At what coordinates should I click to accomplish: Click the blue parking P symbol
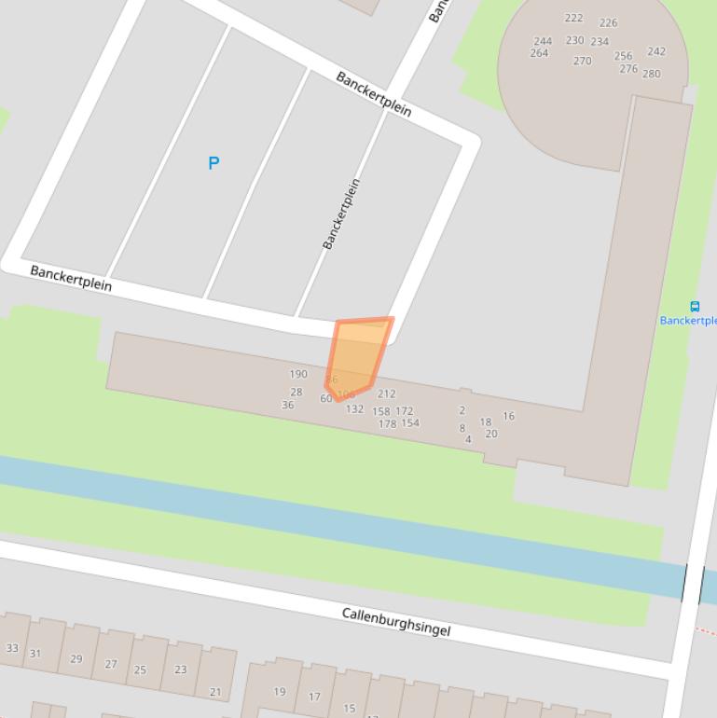[214, 163]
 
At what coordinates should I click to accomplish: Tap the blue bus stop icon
[694, 306]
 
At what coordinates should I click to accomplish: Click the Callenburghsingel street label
[395, 622]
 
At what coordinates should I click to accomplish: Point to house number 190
[298, 374]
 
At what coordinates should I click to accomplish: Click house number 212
[386, 394]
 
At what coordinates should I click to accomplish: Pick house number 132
[354, 408]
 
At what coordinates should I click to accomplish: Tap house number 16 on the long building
[508, 416]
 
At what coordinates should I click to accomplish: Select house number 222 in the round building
[573, 18]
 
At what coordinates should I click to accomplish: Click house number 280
[651, 74]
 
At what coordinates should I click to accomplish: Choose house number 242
[656, 51]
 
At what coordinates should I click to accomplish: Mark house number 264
[539, 53]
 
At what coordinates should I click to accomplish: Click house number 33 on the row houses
[12, 648]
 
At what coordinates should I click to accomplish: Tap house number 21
[215, 692]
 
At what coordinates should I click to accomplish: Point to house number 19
[279, 692]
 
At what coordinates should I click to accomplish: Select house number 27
[111, 664]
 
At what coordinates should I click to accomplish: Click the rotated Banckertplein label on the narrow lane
[341, 214]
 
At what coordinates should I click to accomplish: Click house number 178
[387, 423]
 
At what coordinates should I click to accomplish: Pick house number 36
[287, 405]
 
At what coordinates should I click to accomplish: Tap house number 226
[608, 23]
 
